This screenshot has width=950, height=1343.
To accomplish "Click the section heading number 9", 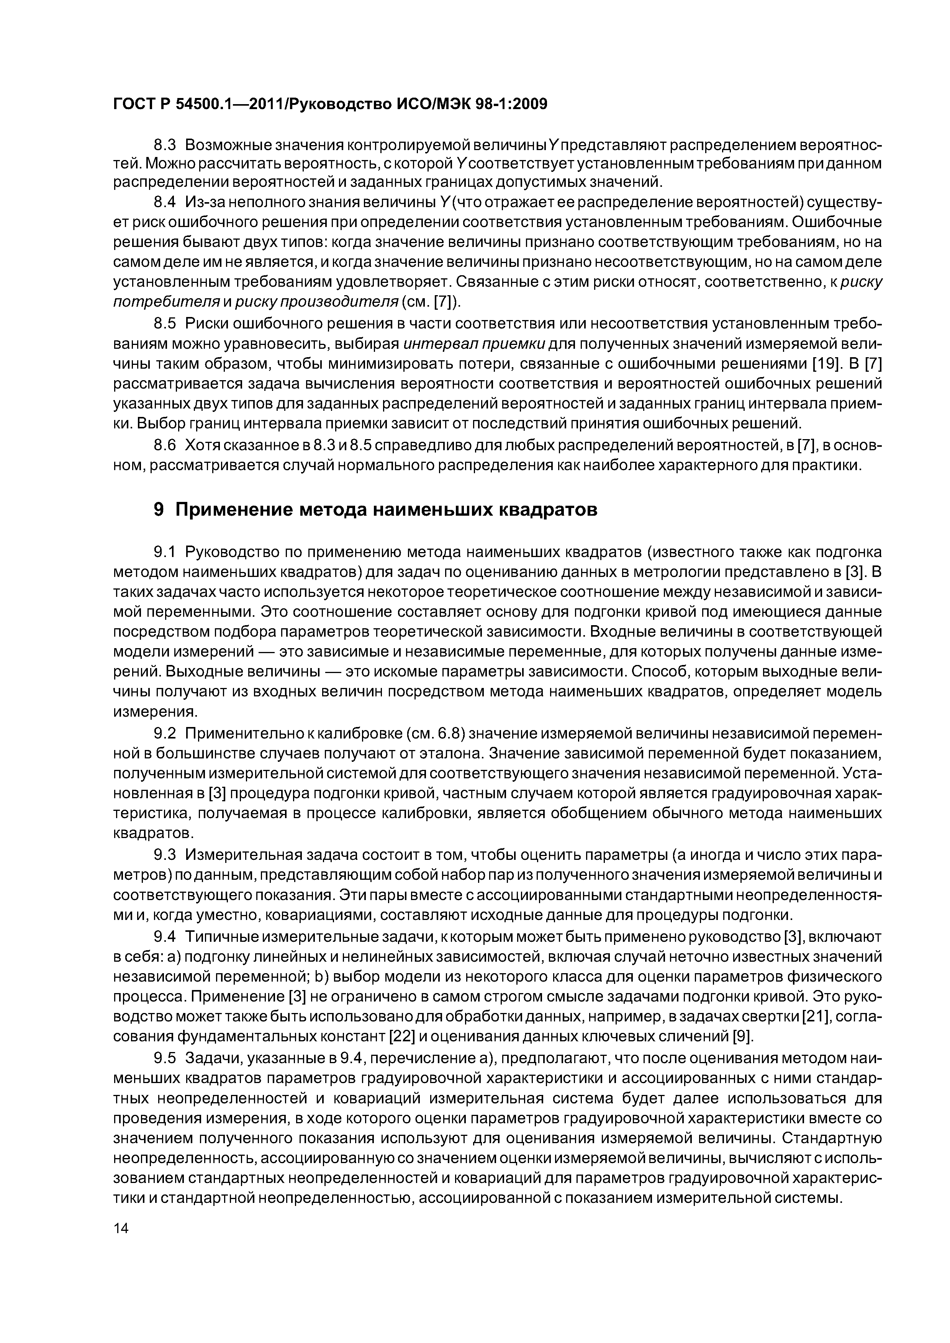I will [158, 510].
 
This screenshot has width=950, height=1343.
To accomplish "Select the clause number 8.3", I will [164, 144].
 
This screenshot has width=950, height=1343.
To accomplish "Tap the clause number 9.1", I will [164, 552].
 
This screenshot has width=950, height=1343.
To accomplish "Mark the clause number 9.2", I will [164, 733].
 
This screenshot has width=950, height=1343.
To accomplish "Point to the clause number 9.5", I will [164, 1058].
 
